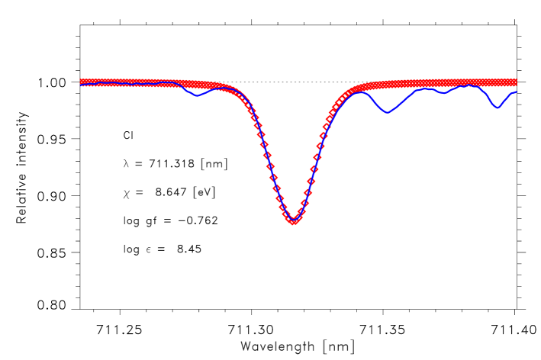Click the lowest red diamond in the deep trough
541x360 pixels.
294,221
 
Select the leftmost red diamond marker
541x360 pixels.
82,82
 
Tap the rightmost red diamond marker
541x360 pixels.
514,82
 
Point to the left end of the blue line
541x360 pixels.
81,85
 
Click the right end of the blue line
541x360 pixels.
517,92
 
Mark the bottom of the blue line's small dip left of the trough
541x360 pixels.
197,96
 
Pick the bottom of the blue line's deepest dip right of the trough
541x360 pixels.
388,113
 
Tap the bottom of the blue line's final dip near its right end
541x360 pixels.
498,108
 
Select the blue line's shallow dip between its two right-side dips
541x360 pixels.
443,93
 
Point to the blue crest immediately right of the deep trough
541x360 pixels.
359,92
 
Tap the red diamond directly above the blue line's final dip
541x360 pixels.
498,82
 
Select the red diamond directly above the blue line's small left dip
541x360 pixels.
197,83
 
